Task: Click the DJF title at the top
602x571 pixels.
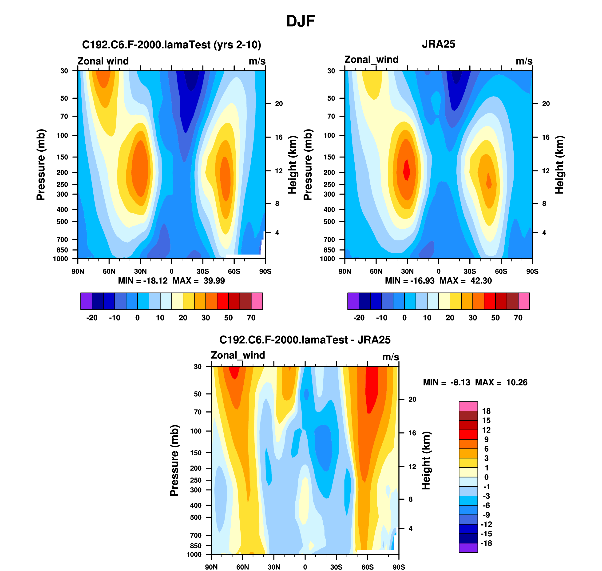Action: click(x=300, y=21)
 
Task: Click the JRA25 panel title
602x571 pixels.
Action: click(x=438, y=45)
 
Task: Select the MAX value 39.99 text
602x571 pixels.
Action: click(x=214, y=281)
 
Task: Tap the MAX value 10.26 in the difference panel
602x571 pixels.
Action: click(x=517, y=382)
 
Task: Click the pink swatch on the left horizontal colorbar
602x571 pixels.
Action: click(x=257, y=301)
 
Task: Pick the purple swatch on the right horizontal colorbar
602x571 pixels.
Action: click(x=353, y=301)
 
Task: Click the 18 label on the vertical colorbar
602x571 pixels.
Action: click(x=486, y=411)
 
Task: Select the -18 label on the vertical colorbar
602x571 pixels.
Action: click(x=486, y=543)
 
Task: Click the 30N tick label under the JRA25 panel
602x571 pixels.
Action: click(x=407, y=271)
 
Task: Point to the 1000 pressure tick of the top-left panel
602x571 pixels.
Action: click(x=60, y=259)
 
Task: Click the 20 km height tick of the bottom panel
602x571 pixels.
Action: click(x=412, y=399)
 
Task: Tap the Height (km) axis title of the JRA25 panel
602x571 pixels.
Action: click(x=559, y=165)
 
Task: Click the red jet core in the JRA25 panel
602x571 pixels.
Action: click(x=407, y=170)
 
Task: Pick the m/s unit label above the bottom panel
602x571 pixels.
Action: click(x=390, y=357)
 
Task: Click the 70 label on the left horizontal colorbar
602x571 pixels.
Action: click(x=251, y=318)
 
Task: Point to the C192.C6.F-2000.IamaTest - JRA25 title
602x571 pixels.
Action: click(x=305, y=340)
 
